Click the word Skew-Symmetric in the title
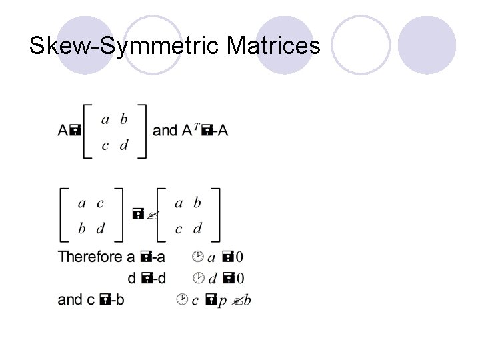pos(125,46)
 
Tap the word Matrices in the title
pos(273,46)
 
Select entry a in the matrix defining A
pos(105,119)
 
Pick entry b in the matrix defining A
pos(123,119)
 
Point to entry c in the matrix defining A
pos(105,146)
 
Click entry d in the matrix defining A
pos(123,146)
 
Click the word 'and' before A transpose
pos(165,131)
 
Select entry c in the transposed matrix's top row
pos(100,203)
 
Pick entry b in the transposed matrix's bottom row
pos(82,229)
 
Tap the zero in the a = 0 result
pos(239,257)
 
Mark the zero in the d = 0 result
pos(239,278)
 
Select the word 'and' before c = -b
pos(70,299)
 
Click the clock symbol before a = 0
pos(197,256)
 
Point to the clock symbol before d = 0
pos(197,277)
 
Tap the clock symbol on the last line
pos(182,299)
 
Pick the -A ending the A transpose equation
pos(221,131)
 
